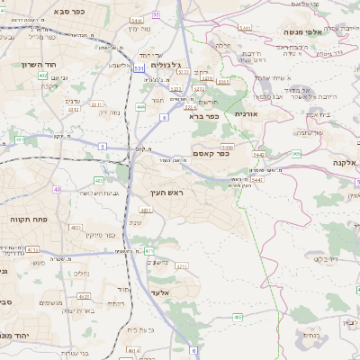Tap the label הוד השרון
[x=40, y=65]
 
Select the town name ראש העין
[x=165, y=193]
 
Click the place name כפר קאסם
[x=211, y=154]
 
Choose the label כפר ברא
[x=203, y=115]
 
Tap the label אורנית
[x=247, y=114]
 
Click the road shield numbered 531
[x=138, y=67]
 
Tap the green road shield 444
[x=140, y=106]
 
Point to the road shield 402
[x=42, y=76]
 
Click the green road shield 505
[x=297, y=154]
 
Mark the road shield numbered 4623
[x=84, y=295]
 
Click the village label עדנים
[x=75, y=101]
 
